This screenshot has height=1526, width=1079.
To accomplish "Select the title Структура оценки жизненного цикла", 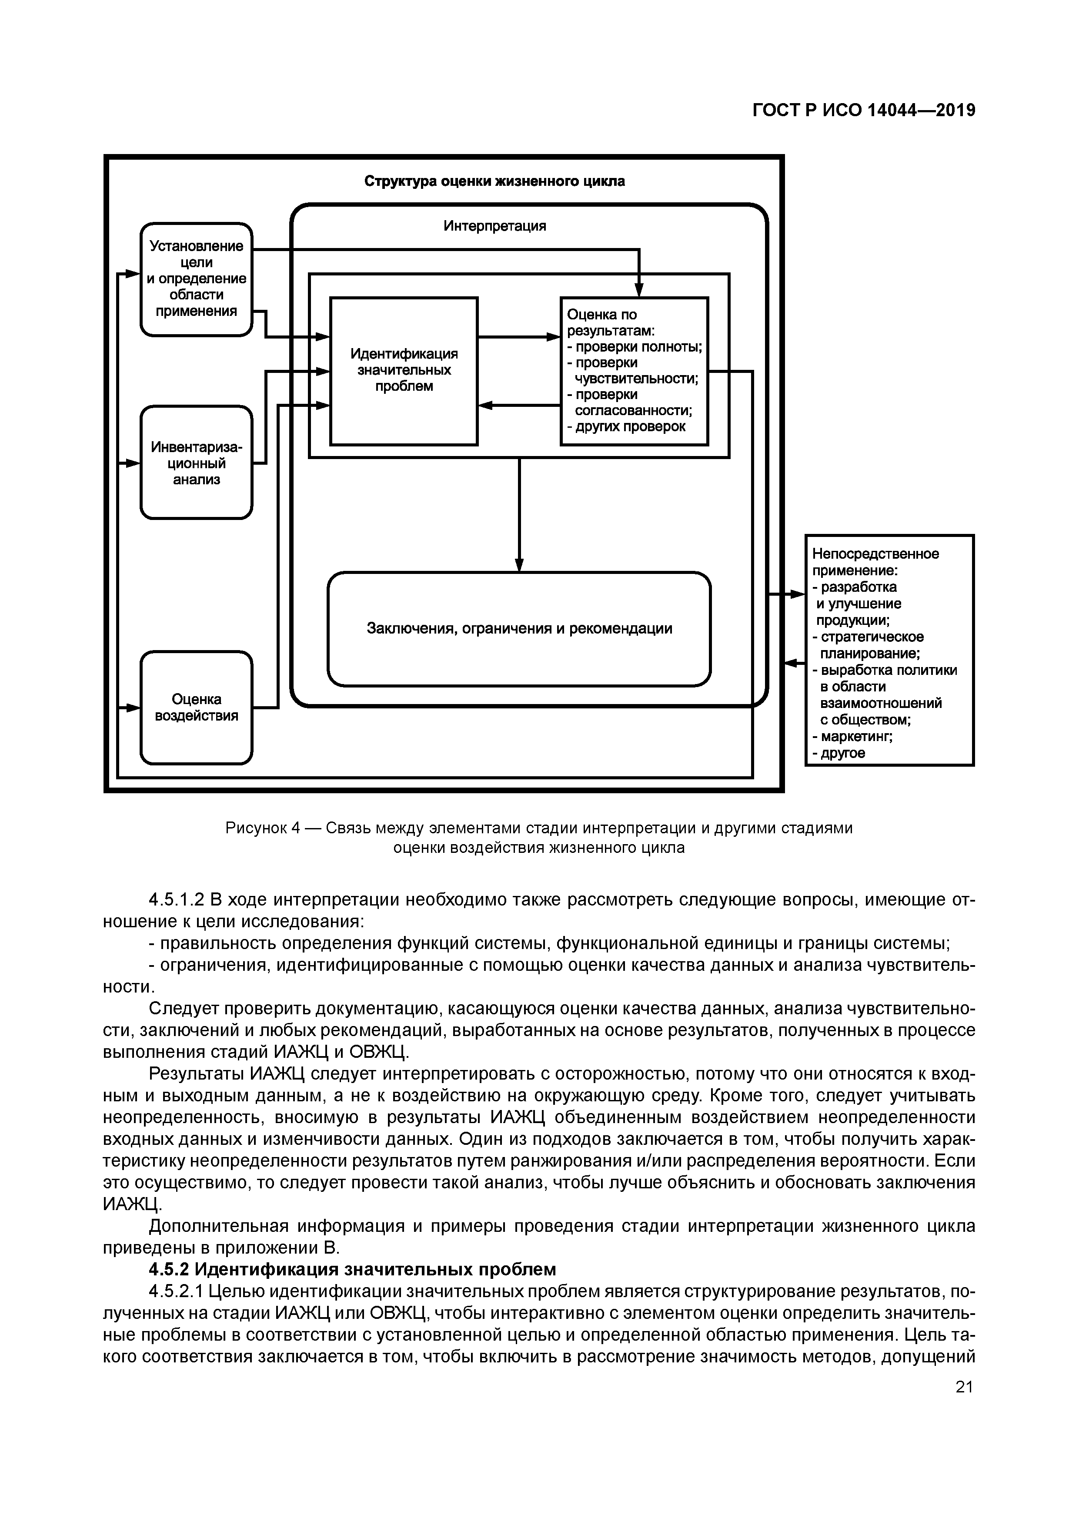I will tap(494, 181).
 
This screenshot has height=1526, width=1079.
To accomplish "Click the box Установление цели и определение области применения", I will tap(196, 279).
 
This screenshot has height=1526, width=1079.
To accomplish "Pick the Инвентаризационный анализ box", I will tap(196, 463).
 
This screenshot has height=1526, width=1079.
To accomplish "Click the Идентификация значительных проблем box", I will tap(404, 370).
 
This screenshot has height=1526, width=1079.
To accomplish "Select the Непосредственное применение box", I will tap(889, 650).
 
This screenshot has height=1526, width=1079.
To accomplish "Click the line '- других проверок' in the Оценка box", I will tap(626, 427).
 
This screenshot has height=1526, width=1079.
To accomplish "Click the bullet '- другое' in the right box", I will tap(839, 753).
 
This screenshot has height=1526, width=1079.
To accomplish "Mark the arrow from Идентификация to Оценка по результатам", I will tap(519, 337).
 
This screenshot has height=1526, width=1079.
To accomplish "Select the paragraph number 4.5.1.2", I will tap(176, 900).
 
